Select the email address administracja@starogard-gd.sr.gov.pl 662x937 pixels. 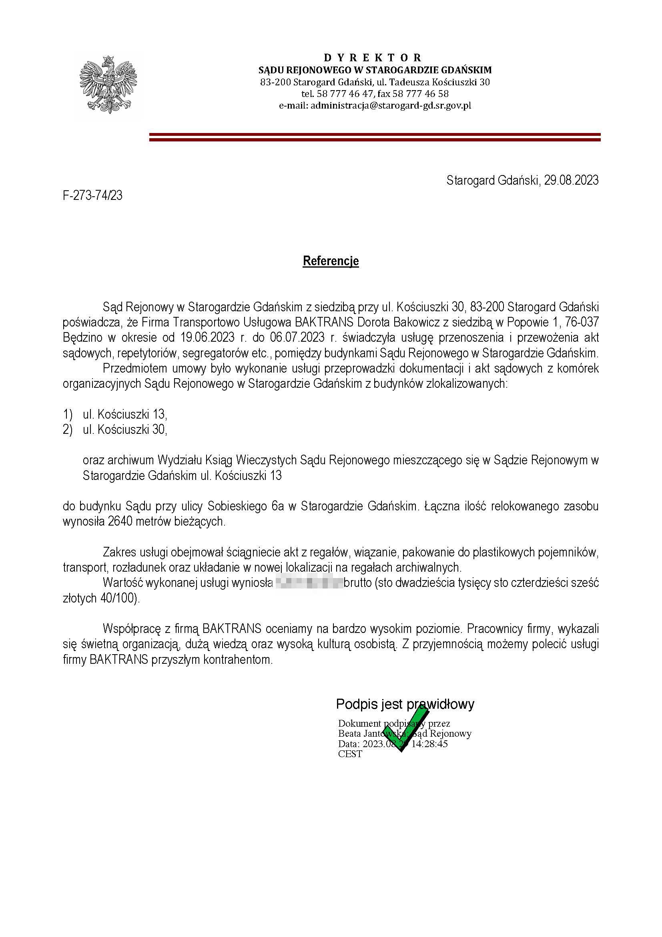click(x=391, y=106)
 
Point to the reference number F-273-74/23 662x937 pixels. click(x=92, y=196)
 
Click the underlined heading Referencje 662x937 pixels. click(x=331, y=261)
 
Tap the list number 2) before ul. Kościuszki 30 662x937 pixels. click(x=68, y=430)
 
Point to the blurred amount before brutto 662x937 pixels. click(x=309, y=583)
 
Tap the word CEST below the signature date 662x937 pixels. click(x=350, y=754)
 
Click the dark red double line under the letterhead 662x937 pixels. click(x=375, y=137)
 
